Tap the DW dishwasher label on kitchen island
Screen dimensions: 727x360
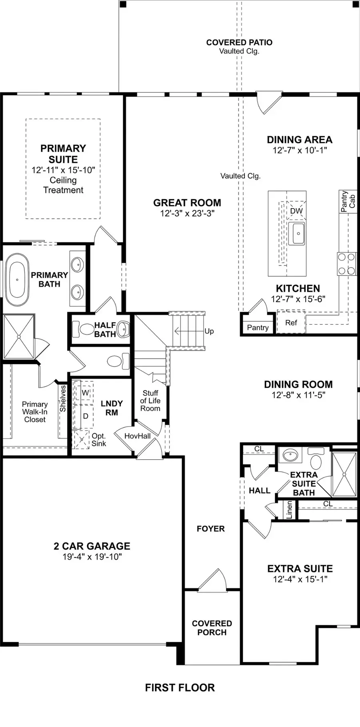tap(296, 211)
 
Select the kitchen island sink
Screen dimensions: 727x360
tap(298, 233)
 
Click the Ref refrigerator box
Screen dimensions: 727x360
tap(291, 322)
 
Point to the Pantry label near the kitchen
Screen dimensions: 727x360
tap(258, 328)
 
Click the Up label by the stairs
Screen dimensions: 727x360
tap(209, 331)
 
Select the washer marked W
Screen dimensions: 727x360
tap(85, 393)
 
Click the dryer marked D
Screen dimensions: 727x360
tap(85, 416)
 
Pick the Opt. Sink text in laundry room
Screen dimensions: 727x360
tap(98, 440)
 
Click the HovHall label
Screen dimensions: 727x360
tap(137, 436)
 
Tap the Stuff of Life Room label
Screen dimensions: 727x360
tap(150, 401)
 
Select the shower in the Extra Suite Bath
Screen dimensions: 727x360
tap(344, 475)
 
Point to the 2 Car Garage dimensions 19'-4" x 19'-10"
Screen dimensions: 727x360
tap(92, 557)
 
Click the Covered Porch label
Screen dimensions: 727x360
tap(212, 628)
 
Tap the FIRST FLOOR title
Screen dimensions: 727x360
tap(180, 687)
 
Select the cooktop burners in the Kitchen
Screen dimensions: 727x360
tap(346, 264)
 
